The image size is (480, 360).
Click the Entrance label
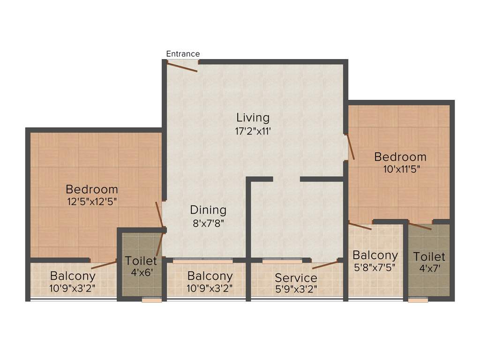tap(183, 54)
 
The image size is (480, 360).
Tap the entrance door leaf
tap(182, 67)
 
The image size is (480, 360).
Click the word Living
tap(253, 117)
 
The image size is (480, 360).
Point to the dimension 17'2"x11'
tap(253, 131)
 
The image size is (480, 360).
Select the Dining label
tap(208, 210)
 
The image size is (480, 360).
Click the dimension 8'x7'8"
tap(208, 224)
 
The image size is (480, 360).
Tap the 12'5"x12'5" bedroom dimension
tap(92, 202)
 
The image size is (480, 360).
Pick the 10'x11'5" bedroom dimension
tap(400, 169)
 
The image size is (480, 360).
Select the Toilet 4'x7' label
tap(429, 256)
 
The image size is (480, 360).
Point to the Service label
tap(296, 278)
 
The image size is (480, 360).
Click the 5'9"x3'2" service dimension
tap(296, 289)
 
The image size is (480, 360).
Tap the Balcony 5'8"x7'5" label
tap(375, 255)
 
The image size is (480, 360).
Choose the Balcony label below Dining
tap(210, 276)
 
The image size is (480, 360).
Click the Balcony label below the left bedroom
tap(73, 276)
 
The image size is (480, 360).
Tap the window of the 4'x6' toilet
tap(151, 300)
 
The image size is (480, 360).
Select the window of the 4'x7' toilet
tap(418, 300)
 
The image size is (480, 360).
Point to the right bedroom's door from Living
tap(350, 147)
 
